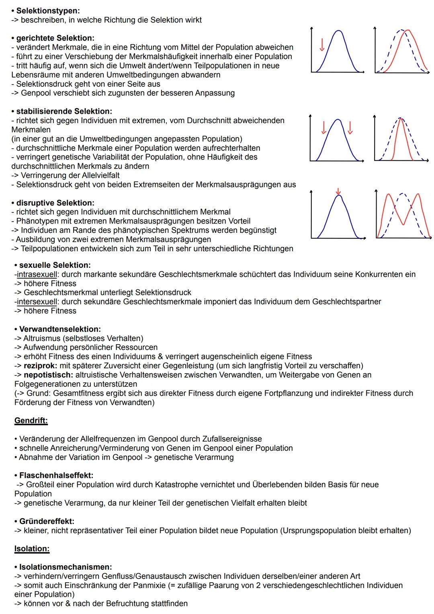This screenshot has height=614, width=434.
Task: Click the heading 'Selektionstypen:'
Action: (48, 11)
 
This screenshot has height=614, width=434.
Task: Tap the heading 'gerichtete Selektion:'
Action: (55, 38)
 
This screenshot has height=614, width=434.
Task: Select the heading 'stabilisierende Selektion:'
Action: (64, 111)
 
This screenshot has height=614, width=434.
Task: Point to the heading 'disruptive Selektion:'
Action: (55, 203)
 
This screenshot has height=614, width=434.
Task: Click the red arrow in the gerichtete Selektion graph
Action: (322, 45)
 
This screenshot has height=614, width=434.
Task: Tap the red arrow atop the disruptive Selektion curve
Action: (338, 191)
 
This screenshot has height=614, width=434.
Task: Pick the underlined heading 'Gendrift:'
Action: (31, 421)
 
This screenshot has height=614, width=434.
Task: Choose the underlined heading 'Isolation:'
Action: (32, 548)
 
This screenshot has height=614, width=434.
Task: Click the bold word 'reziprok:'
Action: (41, 366)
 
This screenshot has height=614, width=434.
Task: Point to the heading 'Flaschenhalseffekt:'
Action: (56, 475)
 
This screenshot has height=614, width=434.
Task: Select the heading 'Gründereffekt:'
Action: (47, 521)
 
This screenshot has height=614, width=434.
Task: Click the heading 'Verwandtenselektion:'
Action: (60, 329)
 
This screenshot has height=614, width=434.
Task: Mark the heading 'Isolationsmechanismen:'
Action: (66, 567)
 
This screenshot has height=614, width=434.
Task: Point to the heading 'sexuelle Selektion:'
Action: (55, 265)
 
